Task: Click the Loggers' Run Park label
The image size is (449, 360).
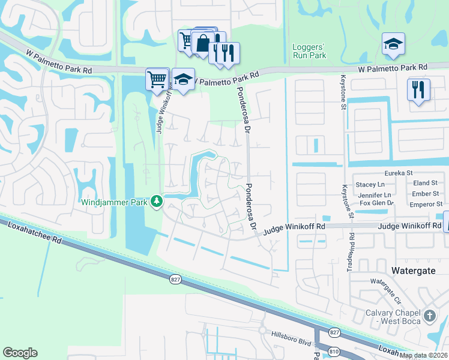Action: [x=309, y=50]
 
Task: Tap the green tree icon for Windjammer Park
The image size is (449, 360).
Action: [x=157, y=201]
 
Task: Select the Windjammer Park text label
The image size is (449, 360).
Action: [x=114, y=202]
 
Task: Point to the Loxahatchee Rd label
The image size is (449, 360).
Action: [x=31, y=230]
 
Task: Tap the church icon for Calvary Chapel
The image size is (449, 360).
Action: [x=429, y=315]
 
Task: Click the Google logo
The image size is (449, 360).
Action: [x=20, y=352]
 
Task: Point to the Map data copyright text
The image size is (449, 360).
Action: [x=424, y=355]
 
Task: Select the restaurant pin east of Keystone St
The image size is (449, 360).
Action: [x=418, y=90]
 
